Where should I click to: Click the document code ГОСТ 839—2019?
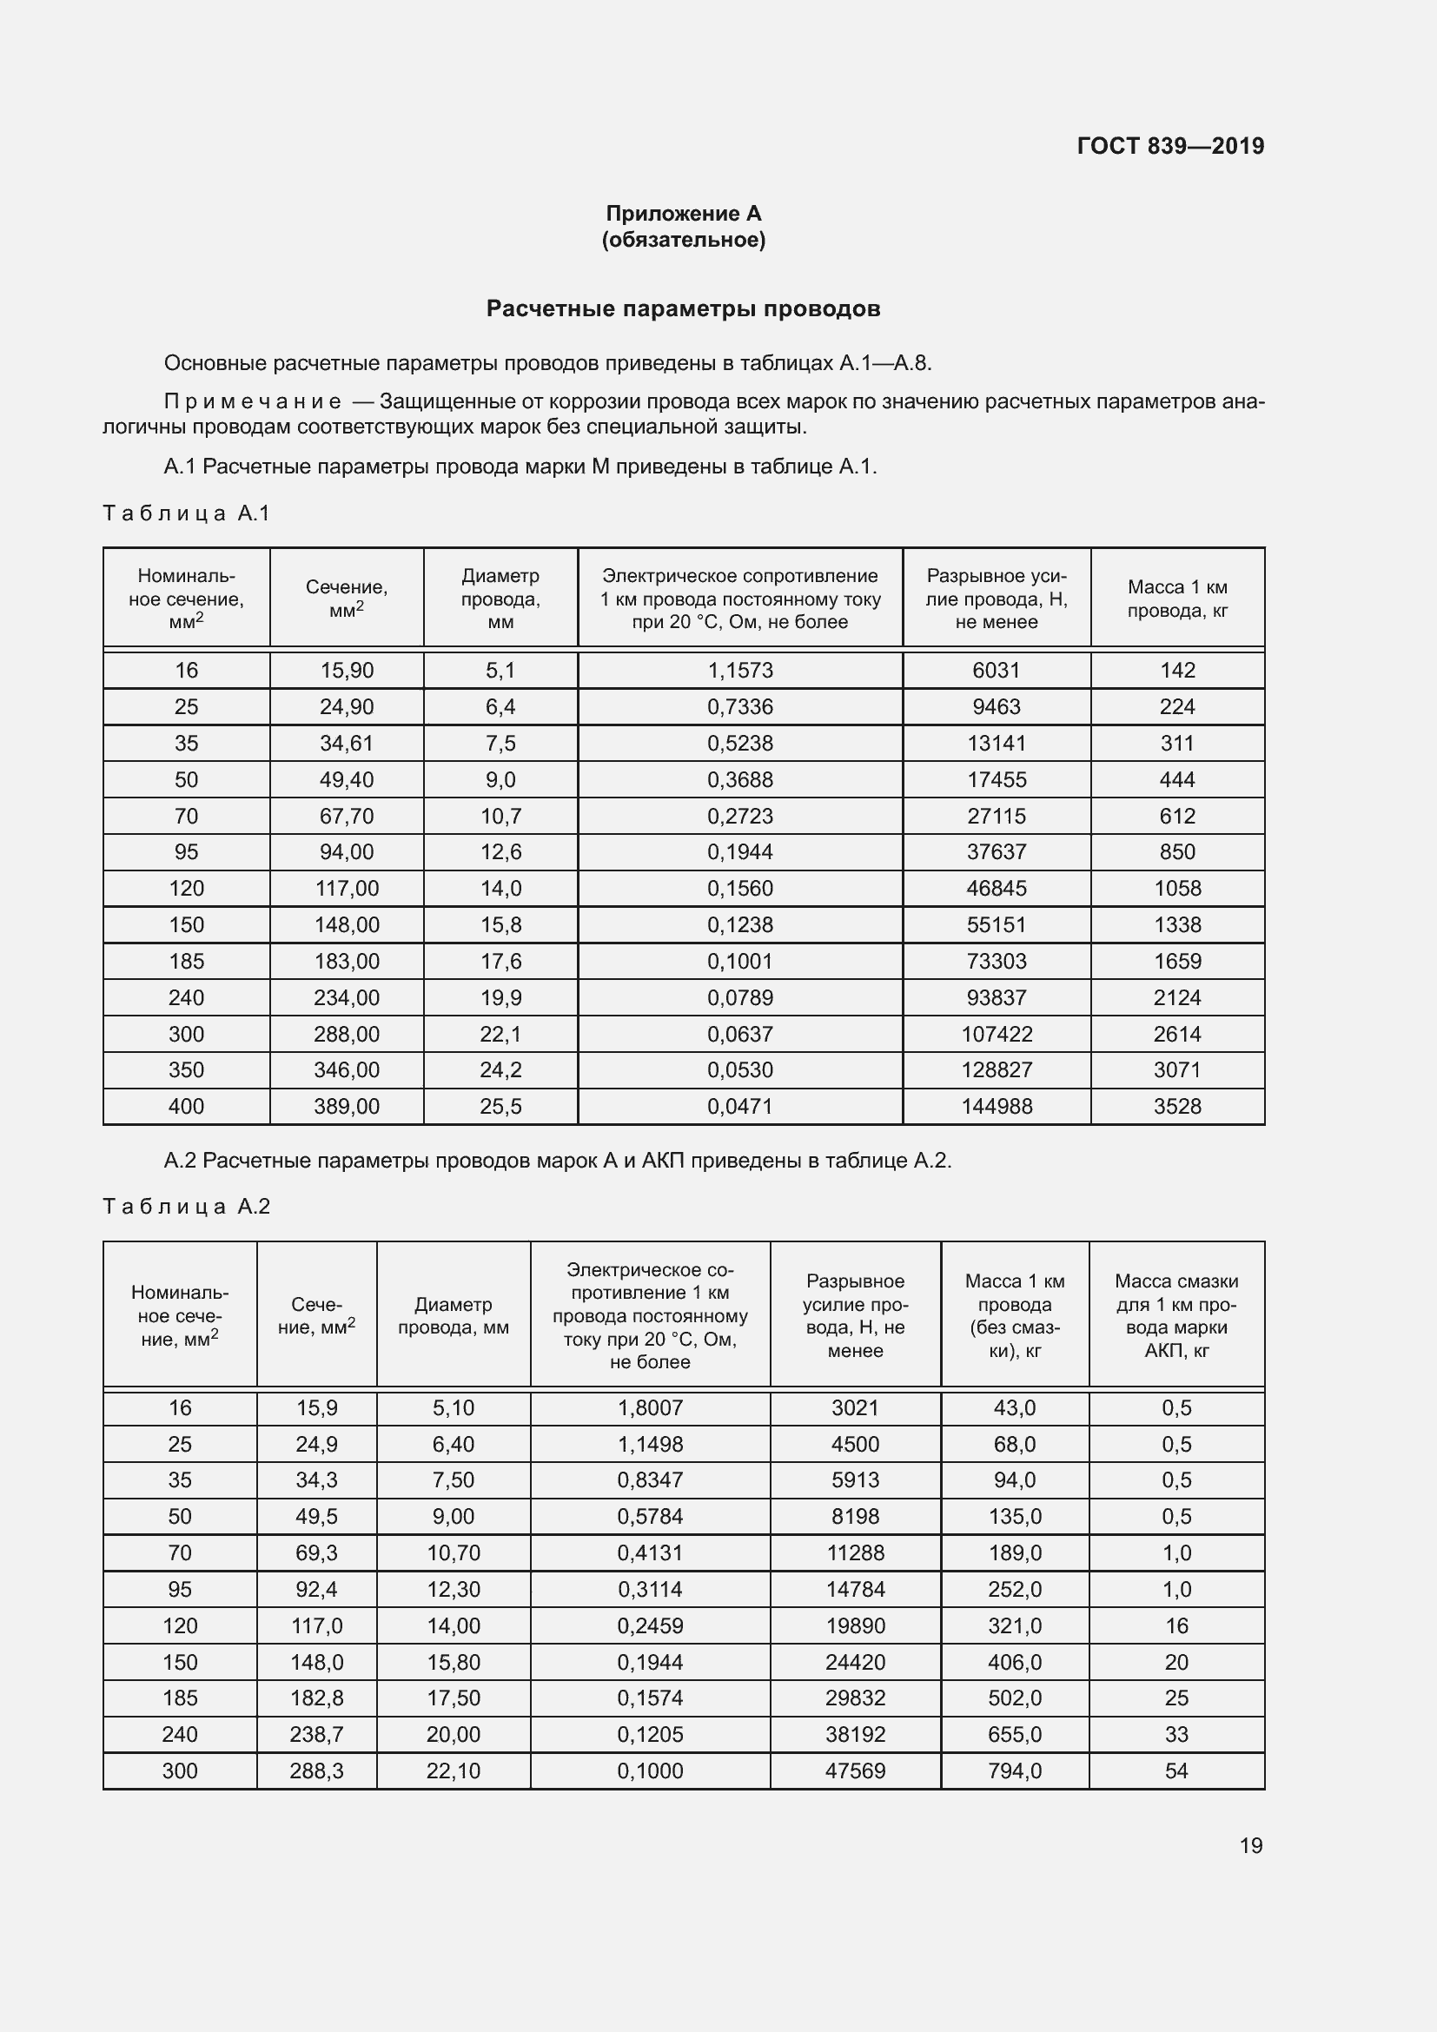point(1169,146)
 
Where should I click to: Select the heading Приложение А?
point(683,214)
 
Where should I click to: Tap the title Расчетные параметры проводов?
point(683,309)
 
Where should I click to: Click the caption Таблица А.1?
point(187,513)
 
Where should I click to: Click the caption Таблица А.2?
point(187,1207)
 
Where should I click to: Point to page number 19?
point(1250,1845)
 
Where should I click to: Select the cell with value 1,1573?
point(739,670)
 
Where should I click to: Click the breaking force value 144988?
point(997,1106)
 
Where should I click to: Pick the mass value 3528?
point(1177,1106)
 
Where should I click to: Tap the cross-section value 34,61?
point(346,744)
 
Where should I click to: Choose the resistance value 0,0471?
point(739,1106)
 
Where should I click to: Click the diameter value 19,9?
point(500,997)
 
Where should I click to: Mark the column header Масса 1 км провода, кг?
point(1177,599)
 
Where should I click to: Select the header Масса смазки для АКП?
point(1176,1315)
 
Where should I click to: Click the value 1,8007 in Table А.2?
point(650,1408)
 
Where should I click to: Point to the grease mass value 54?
point(1176,1771)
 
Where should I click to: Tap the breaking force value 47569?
point(855,1771)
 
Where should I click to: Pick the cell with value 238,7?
point(316,1735)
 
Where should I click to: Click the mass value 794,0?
point(1014,1771)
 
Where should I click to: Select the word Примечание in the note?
point(253,402)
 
